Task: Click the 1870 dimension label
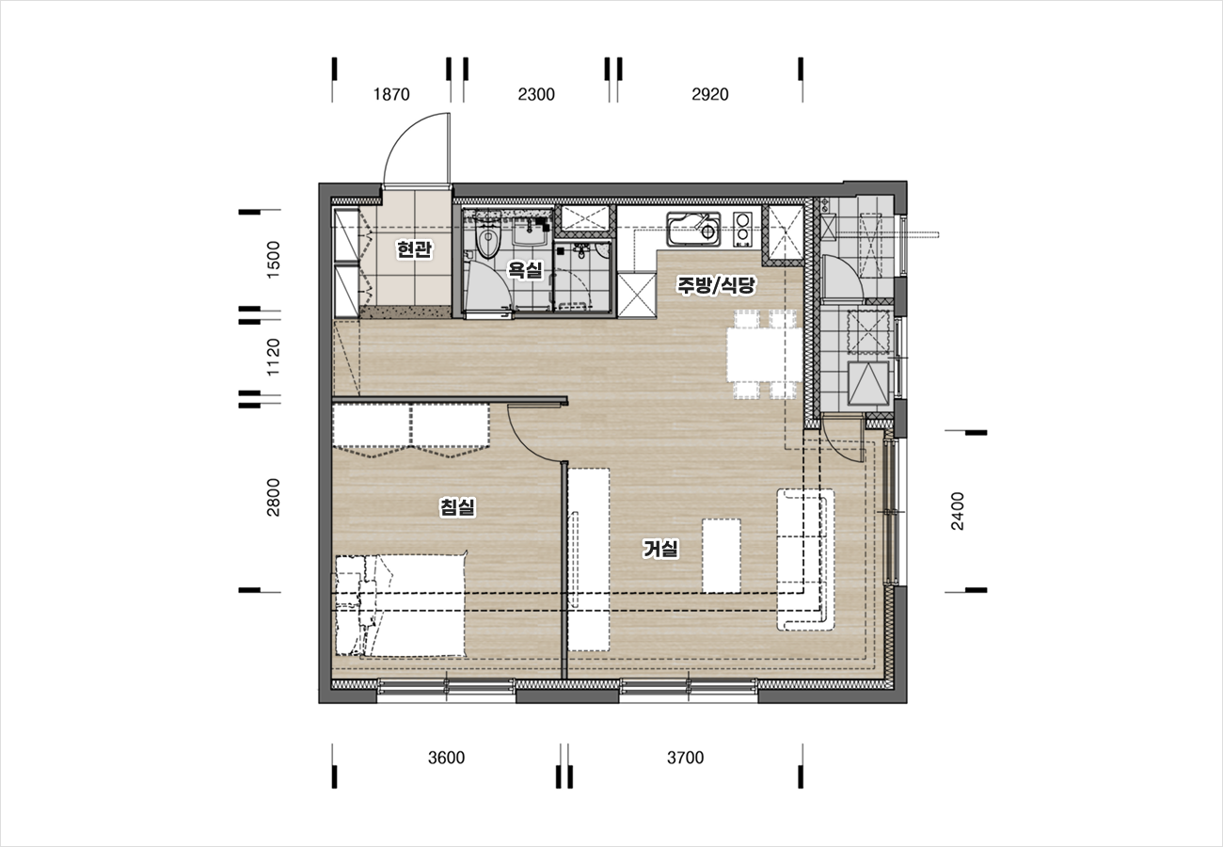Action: pos(391,94)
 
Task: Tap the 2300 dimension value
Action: pos(536,94)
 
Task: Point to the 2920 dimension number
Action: pos(709,94)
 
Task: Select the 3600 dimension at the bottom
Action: pos(446,758)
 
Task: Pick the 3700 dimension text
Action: pos(685,758)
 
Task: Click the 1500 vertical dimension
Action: pos(273,260)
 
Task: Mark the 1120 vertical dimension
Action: pos(273,357)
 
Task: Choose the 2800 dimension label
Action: pos(273,498)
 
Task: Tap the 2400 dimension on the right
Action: pos(958,511)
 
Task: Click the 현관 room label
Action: pos(414,249)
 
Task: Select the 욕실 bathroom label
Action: pos(526,269)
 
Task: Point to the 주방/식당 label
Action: pos(716,284)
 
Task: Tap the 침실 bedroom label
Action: pos(457,506)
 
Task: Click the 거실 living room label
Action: pos(660,549)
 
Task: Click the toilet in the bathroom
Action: pos(487,239)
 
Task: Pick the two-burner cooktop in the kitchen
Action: pos(742,229)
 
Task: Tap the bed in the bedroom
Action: pos(401,605)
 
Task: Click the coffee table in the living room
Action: pos(722,556)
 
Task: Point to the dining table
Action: pos(764,355)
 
